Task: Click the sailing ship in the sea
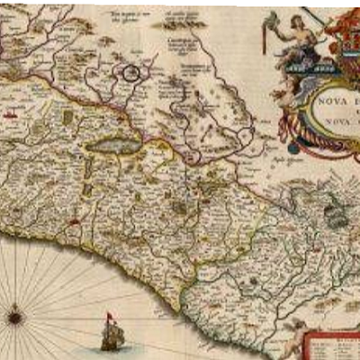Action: pyautogui.click(x=112, y=334)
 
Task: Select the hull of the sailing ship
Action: pyautogui.click(x=112, y=344)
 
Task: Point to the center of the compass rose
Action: pyautogui.click(x=15, y=315)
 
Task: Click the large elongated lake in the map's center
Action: pyautogui.click(x=113, y=144)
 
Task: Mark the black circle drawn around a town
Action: pyautogui.click(x=133, y=72)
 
